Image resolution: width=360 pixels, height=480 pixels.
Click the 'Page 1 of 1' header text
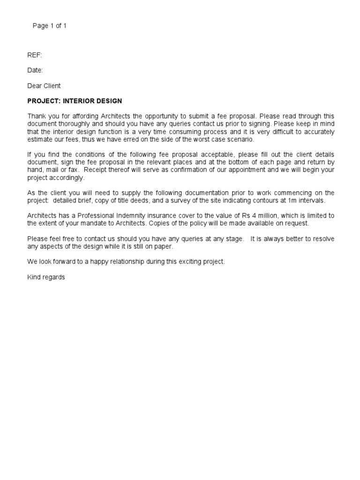click(49, 26)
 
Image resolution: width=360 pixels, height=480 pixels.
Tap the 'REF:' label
click(35, 55)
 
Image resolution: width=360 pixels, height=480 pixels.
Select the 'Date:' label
click(35, 70)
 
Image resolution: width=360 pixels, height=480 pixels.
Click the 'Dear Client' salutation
click(44, 86)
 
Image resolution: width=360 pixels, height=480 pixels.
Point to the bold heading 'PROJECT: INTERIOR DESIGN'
click(75, 101)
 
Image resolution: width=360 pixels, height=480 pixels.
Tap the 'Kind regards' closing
click(46, 277)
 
